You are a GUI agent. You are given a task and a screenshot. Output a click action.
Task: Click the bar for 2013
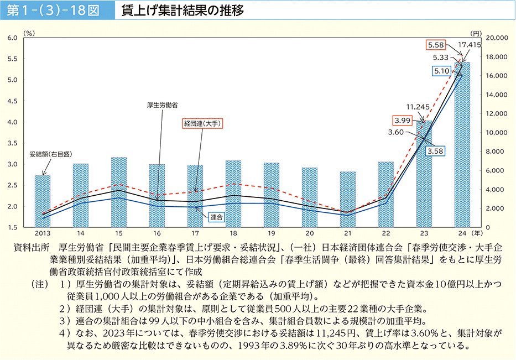pyautogui.click(x=43, y=201)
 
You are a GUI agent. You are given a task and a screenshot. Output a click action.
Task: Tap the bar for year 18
pyautogui.click(x=233, y=194)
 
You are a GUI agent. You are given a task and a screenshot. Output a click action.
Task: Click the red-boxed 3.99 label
pyautogui.click(x=402, y=120)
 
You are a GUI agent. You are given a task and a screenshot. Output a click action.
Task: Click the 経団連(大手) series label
pyautogui.click(x=202, y=124)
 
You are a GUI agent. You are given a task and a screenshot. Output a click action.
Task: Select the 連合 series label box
pyautogui.click(x=217, y=218)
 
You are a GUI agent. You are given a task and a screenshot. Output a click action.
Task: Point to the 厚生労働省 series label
pyautogui.click(x=162, y=103)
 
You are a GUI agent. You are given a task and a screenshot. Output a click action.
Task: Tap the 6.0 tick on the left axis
pyautogui.click(x=14, y=38)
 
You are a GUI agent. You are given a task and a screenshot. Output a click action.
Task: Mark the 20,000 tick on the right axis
pyautogui.click(x=496, y=38)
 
